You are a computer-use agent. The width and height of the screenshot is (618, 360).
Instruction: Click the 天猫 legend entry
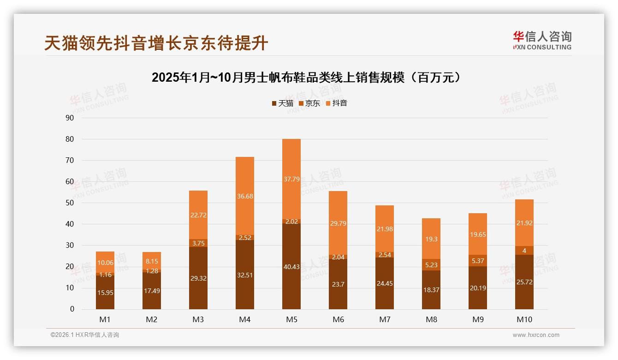[x=282, y=103]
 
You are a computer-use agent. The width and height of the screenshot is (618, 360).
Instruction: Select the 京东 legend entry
[x=309, y=103]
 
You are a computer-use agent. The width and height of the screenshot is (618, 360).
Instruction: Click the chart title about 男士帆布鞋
[x=306, y=78]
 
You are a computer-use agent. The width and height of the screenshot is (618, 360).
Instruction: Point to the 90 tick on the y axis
[x=70, y=118]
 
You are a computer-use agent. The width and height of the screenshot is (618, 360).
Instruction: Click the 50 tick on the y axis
[x=70, y=203]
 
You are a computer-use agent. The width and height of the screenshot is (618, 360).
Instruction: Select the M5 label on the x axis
[x=291, y=319]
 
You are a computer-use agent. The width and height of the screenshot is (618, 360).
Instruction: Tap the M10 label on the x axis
[x=524, y=319]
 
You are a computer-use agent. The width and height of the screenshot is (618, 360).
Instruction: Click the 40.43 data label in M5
[x=291, y=267]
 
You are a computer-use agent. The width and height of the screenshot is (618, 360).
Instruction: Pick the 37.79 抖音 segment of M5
[x=291, y=179]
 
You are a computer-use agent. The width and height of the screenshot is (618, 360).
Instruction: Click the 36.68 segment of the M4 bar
[x=244, y=196]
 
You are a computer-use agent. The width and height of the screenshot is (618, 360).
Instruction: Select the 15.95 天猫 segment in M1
[x=105, y=292]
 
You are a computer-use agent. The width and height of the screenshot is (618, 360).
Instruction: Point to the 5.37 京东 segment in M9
[x=477, y=261]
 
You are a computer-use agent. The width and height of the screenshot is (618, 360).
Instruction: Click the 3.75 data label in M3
[x=198, y=243]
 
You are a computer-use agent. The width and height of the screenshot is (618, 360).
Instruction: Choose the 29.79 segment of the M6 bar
[x=338, y=223]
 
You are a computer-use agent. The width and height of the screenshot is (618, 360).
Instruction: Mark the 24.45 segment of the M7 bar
[x=384, y=283]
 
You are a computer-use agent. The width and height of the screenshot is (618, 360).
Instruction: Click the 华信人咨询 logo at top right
[x=542, y=40]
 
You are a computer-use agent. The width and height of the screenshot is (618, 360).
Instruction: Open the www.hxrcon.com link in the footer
[x=536, y=335]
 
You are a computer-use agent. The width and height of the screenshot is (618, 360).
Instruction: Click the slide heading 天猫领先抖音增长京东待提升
[x=156, y=43]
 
